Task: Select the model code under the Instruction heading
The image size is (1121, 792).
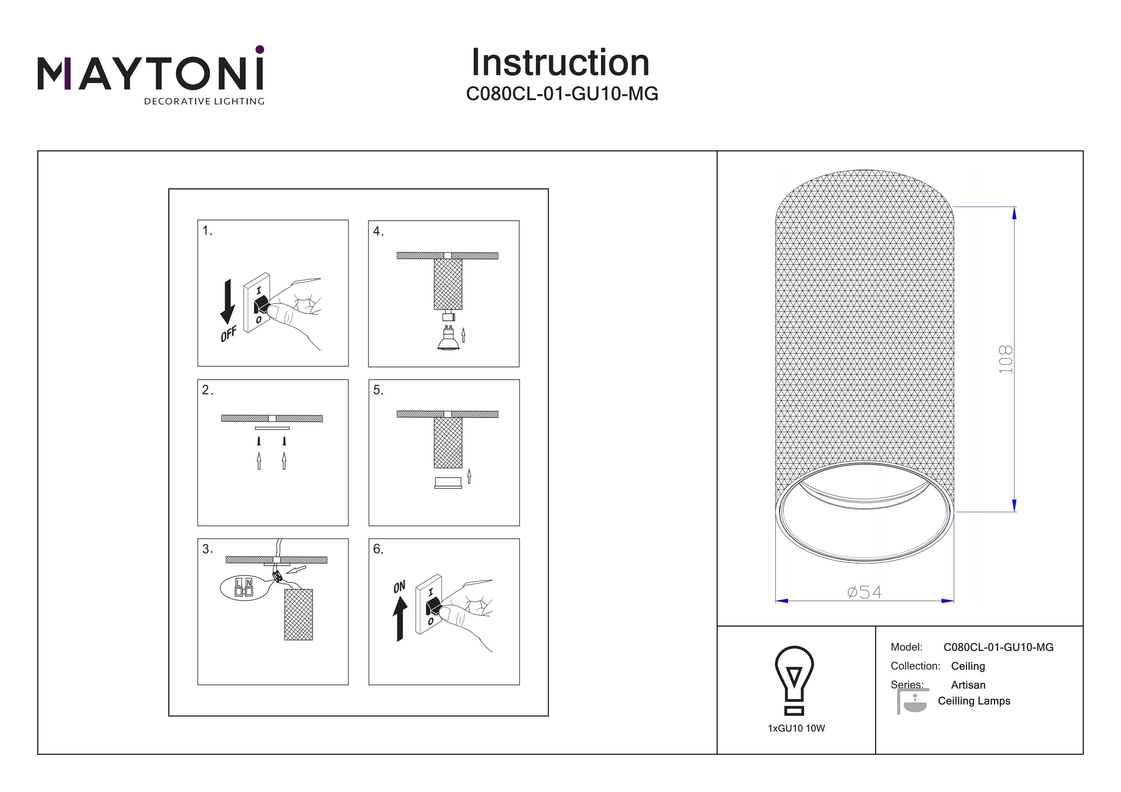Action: click(x=562, y=94)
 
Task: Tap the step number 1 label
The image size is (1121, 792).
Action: click(x=207, y=231)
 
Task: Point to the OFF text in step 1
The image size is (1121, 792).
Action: click(x=228, y=334)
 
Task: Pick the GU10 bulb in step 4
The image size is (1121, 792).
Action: click(x=448, y=338)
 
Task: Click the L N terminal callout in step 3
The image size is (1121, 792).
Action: click(x=244, y=588)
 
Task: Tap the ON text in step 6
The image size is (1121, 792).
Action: click(x=399, y=587)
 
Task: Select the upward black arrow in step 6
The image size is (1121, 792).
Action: click(x=400, y=619)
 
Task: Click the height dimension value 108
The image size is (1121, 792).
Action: click(x=1006, y=360)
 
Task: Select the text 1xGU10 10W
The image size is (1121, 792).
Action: click(x=796, y=729)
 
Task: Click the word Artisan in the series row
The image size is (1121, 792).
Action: click(x=968, y=685)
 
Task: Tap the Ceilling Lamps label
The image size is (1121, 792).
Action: click(x=974, y=701)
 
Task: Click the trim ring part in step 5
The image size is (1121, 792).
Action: click(x=448, y=482)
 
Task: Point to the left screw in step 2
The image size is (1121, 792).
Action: click(x=259, y=441)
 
